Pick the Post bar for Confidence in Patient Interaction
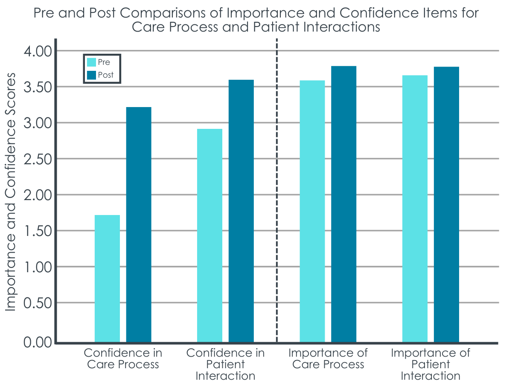241,211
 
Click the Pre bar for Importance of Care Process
312,211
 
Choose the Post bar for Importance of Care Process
343,204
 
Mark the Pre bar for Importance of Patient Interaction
415,209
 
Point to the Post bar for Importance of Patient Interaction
446,205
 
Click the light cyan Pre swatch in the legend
92,62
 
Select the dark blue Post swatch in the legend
92,75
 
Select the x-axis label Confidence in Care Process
123,359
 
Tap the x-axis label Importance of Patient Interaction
431,364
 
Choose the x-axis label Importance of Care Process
328,359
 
